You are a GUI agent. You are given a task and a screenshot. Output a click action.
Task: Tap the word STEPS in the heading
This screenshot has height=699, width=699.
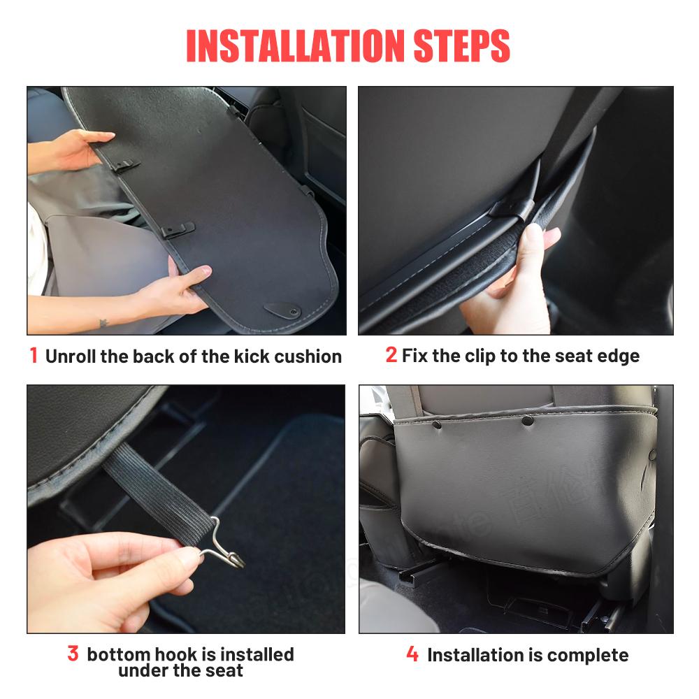[x=462, y=46]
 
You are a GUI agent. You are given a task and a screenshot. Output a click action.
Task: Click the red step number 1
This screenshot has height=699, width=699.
[x=34, y=355]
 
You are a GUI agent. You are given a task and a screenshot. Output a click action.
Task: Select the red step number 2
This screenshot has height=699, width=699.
[x=391, y=355]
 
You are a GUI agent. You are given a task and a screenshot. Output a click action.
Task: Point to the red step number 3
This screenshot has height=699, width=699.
[x=73, y=654]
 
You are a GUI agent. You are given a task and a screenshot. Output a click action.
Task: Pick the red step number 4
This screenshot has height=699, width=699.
[x=412, y=654]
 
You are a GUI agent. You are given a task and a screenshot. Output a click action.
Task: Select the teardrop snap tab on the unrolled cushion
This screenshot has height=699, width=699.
[x=282, y=310]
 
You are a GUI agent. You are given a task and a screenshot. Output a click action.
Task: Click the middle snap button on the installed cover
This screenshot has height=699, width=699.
[x=527, y=420]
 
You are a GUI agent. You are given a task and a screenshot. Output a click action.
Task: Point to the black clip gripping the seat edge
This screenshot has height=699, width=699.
[x=512, y=208]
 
